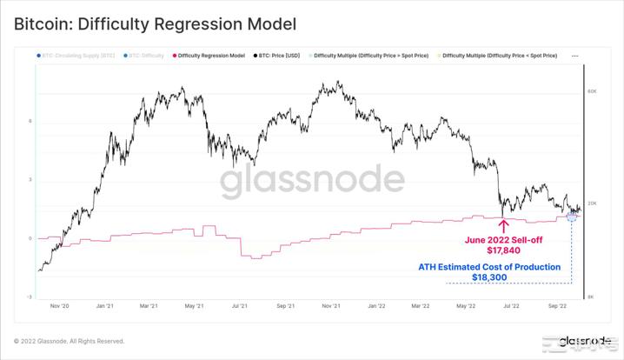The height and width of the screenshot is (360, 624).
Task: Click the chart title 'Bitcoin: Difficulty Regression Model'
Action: click(x=155, y=24)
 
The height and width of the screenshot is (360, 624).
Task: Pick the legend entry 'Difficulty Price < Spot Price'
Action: click(x=500, y=56)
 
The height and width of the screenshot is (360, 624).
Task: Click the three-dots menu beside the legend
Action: click(x=575, y=56)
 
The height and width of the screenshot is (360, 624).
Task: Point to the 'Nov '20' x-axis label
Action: click(x=60, y=306)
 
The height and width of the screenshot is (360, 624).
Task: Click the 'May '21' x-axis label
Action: click(x=194, y=306)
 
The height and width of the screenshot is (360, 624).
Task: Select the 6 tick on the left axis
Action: click(x=30, y=121)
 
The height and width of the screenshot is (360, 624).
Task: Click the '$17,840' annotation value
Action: click(x=503, y=250)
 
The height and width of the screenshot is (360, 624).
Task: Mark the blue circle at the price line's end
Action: click(x=572, y=215)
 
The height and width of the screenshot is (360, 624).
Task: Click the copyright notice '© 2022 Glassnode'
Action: click(x=69, y=341)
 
